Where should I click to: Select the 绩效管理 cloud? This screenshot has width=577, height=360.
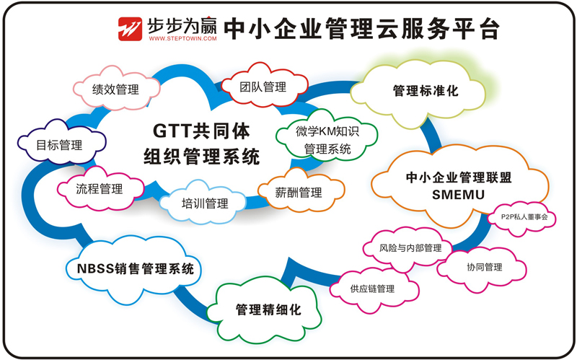pyautogui.click(x=115, y=89)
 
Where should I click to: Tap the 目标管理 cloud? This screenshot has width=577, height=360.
pyautogui.click(x=60, y=145)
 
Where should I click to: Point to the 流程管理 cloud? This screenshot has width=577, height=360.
pyautogui.click(x=100, y=189)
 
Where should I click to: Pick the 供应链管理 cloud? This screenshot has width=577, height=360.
pyautogui.click(x=372, y=289)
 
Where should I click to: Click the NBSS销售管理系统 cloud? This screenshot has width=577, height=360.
pyautogui.click(x=135, y=270)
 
